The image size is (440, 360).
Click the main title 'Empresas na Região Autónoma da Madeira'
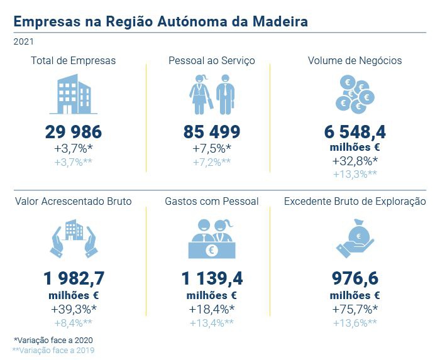pos(160,21)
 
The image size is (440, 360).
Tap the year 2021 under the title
pos(23,42)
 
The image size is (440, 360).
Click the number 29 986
pos(73,132)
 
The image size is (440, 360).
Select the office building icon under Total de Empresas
pos(73,94)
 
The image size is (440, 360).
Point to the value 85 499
pos(212,132)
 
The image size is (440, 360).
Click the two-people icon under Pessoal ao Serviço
pos(211,94)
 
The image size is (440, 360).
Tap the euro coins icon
pos(355,94)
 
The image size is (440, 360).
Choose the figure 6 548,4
pos(355,132)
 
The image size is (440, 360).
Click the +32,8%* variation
pos(355,161)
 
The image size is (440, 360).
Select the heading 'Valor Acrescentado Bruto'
pos(73,202)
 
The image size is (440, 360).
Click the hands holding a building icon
pos(73,239)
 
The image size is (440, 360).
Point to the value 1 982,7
pos(73,279)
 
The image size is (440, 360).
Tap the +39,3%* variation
pos(73,308)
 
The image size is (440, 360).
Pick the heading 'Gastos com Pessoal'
pos(212,202)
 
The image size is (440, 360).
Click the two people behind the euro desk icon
pos(212,239)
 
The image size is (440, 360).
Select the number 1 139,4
pos(212,279)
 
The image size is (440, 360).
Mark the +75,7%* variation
pos(355,308)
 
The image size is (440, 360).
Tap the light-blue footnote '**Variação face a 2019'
pos(53,350)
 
